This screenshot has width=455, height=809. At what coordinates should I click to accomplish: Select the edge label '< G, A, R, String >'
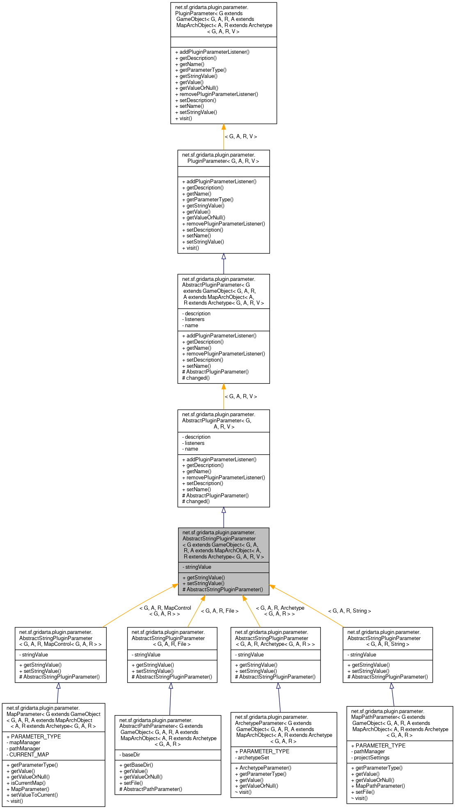point(349,611)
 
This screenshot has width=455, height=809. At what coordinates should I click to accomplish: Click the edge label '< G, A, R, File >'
point(219,611)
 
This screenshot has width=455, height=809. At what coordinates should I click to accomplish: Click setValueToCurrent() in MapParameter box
point(34,795)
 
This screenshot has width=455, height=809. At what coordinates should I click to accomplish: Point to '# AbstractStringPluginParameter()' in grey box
point(223,589)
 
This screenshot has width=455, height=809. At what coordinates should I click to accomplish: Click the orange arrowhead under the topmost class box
point(224,127)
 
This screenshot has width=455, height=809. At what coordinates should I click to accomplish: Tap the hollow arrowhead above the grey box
point(224,510)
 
